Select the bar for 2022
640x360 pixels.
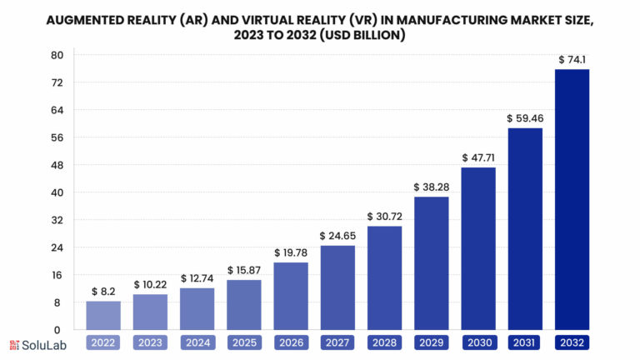103,315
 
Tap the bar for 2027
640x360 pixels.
337,287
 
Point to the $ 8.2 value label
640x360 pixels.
103,292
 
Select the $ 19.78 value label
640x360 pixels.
291,252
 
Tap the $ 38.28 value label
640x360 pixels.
432,187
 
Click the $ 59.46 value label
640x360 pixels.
525,118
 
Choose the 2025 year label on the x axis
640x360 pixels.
244,342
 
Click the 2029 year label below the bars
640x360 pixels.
432,342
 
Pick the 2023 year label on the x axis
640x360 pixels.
150,342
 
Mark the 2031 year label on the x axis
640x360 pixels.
525,342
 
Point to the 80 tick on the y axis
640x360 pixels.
57,55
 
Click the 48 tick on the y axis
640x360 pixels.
57,165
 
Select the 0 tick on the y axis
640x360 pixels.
60,329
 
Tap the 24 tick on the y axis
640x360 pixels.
57,247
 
